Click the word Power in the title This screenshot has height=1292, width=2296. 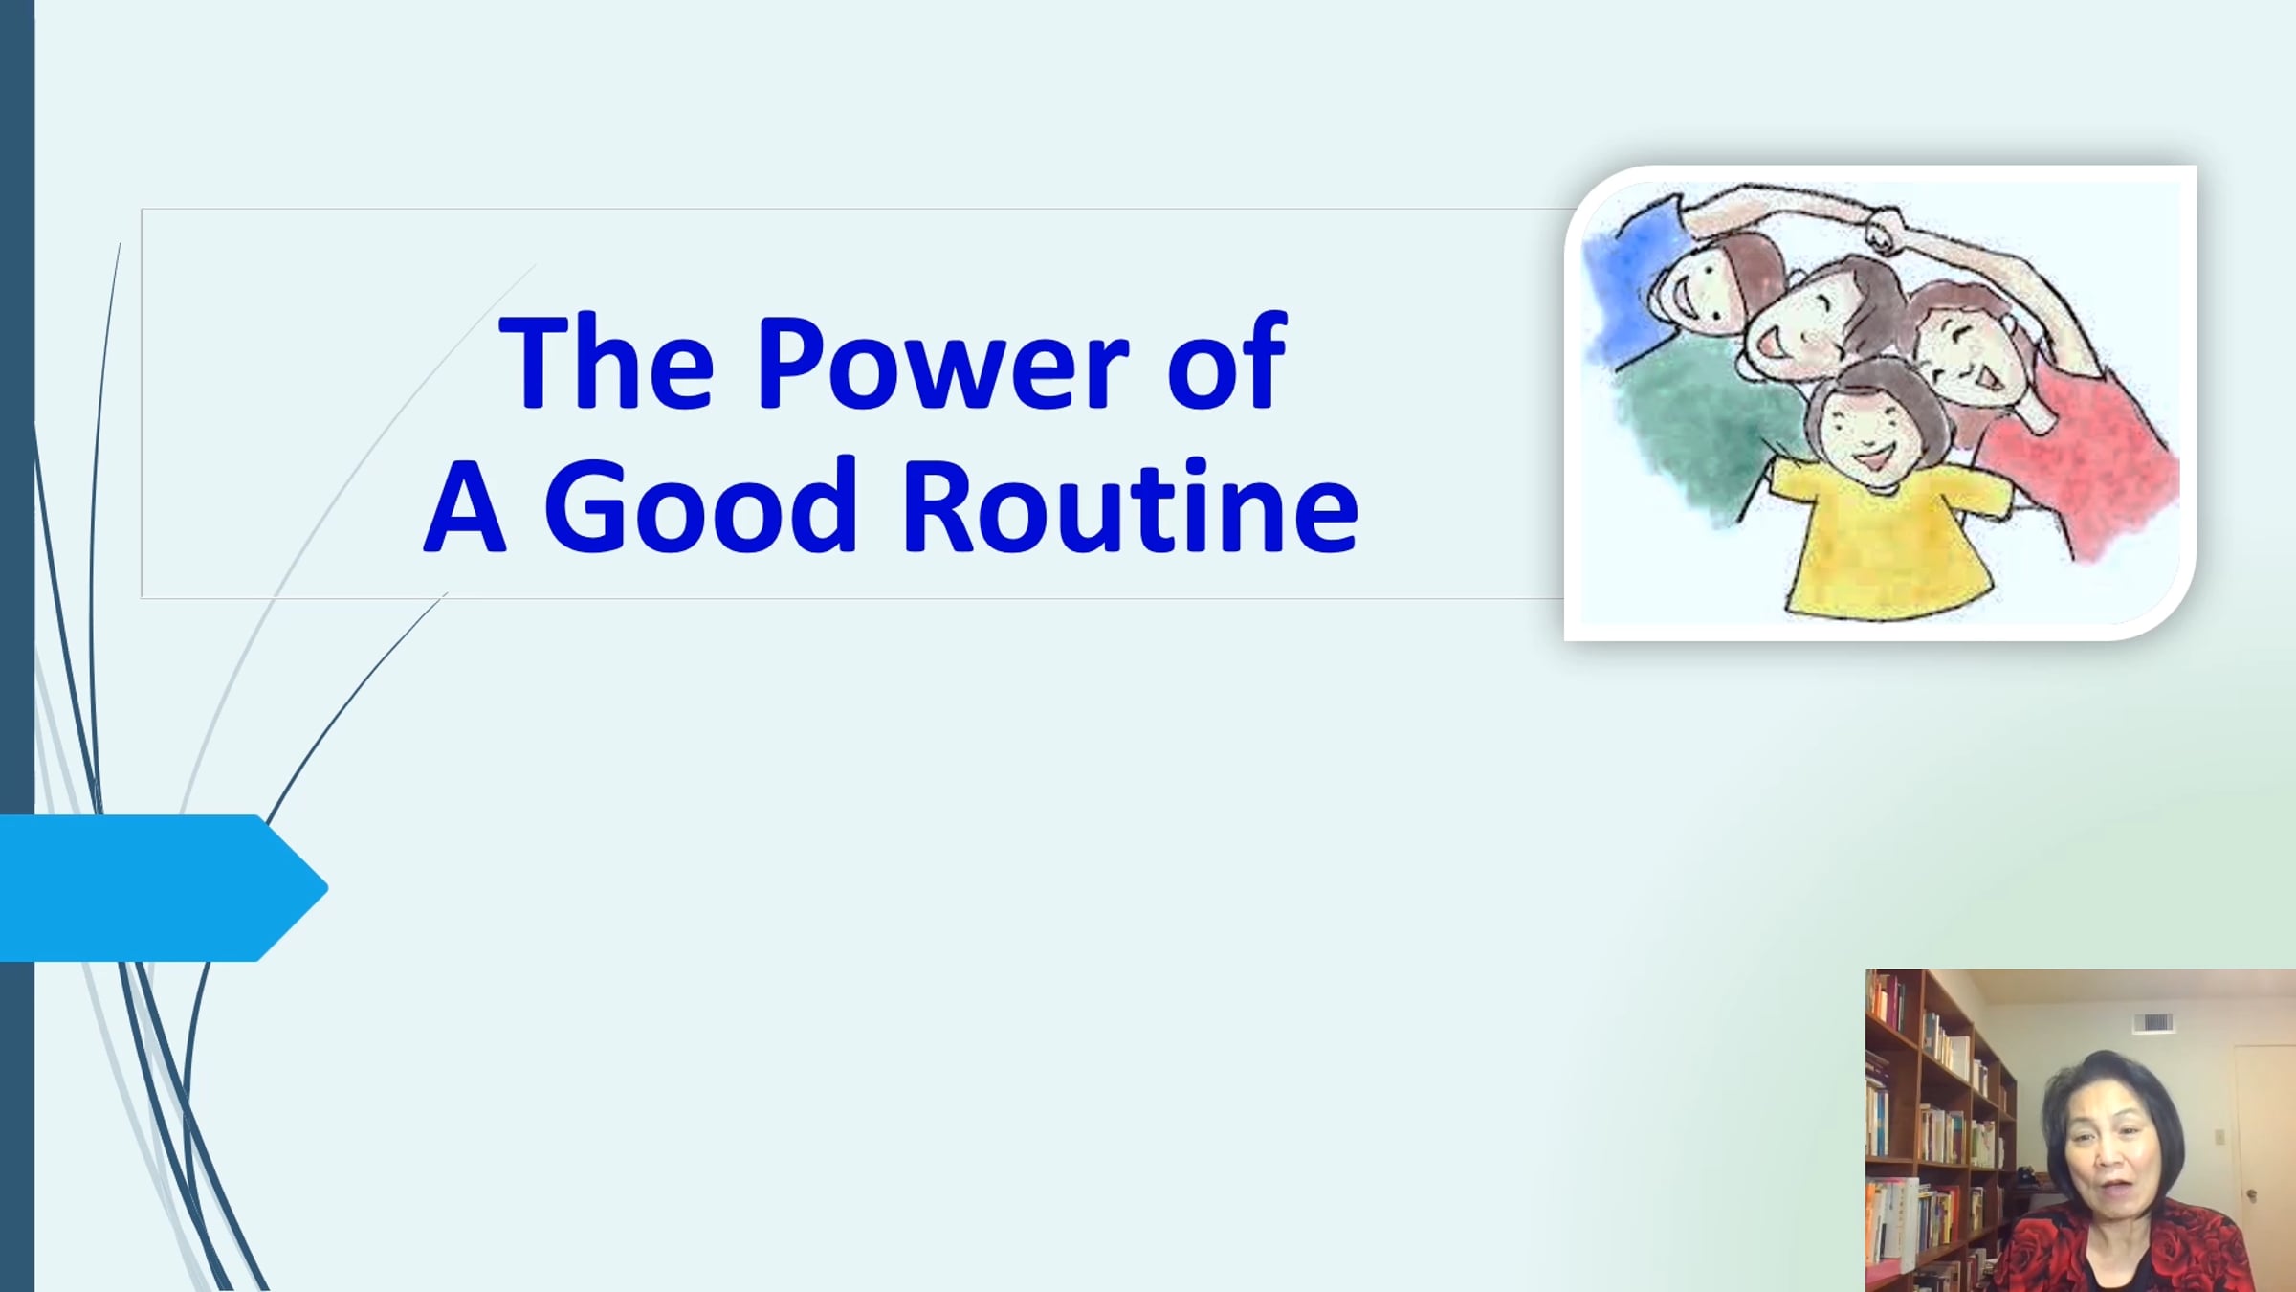(943, 362)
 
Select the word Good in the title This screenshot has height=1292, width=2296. (700, 505)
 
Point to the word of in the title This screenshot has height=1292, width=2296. (1227, 362)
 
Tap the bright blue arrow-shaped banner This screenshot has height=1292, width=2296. (164, 888)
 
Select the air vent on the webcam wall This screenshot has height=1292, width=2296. (2153, 1023)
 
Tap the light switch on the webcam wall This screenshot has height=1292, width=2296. (2219, 1137)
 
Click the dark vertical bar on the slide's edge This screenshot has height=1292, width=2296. (17, 646)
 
